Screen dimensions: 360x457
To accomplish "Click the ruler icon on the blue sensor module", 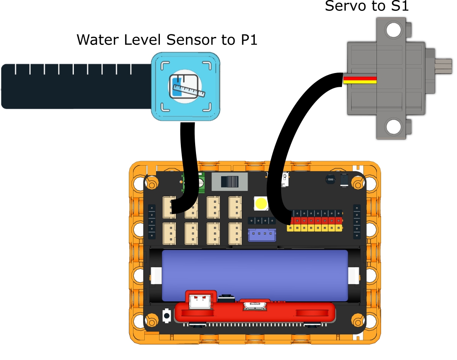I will (185, 86).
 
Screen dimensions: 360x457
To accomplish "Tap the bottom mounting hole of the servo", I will (393, 126).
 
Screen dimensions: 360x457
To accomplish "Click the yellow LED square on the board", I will (261, 204).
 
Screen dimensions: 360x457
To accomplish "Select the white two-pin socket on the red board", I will (200, 301).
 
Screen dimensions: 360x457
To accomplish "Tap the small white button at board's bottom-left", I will (167, 315).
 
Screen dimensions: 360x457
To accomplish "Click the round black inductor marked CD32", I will (330, 180).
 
